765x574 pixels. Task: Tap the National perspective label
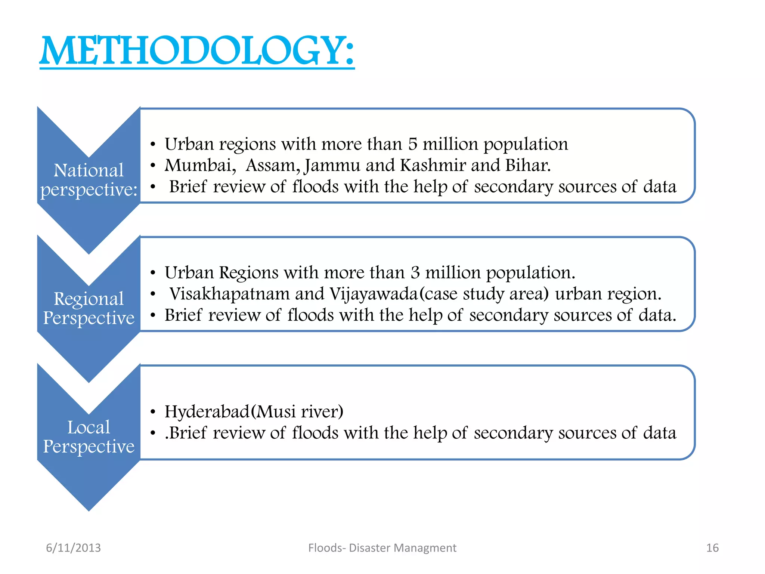89,180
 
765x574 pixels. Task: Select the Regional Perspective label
89,308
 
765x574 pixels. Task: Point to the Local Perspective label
89,436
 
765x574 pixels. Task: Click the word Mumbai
200,165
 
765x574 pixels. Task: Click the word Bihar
527,165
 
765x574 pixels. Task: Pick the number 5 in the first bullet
412,144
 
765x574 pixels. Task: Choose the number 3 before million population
415,272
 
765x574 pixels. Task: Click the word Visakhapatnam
230,294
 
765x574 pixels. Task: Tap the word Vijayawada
374,294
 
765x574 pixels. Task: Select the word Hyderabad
207,411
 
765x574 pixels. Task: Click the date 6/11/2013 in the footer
73,548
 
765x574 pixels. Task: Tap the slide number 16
712,548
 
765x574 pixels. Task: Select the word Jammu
332,165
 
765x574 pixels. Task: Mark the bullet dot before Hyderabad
152,412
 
